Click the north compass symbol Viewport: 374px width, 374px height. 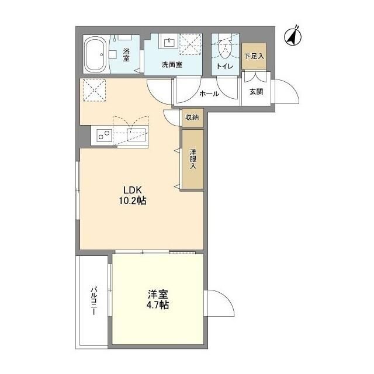(x=293, y=36)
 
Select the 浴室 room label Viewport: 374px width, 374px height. (x=126, y=54)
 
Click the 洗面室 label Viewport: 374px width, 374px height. (x=172, y=64)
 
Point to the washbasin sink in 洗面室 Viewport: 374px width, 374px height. (x=169, y=42)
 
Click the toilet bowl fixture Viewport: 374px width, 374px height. (x=224, y=49)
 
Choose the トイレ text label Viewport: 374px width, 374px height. (x=224, y=66)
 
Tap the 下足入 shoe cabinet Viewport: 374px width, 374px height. (x=254, y=56)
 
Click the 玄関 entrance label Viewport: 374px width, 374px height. (x=256, y=91)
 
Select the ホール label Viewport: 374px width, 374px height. (x=209, y=93)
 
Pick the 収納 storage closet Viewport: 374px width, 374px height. (x=193, y=117)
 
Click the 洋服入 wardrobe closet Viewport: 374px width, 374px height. (x=193, y=159)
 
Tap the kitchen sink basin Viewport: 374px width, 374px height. (x=136, y=135)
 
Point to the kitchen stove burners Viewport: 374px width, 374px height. (x=105, y=135)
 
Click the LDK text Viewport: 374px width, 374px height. (x=133, y=190)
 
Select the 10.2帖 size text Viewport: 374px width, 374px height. (x=133, y=201)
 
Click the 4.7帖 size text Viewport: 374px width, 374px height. (x=158, y=305)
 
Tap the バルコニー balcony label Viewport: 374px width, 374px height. (x=94, y=300)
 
